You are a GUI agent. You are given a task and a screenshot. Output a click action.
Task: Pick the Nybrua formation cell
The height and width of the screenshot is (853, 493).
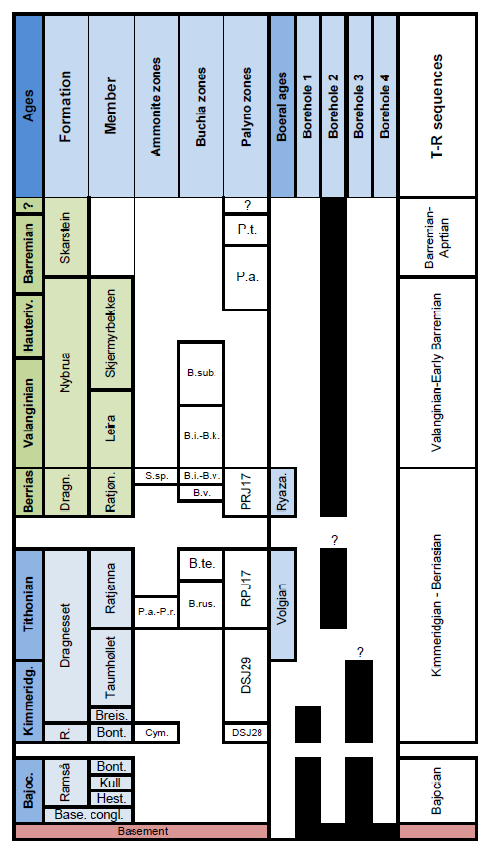coord(65,372)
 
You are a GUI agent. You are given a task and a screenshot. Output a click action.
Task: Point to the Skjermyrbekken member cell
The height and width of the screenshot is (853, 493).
coord(111,333)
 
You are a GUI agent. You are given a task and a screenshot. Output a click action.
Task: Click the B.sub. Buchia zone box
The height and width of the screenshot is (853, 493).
coord(202,373)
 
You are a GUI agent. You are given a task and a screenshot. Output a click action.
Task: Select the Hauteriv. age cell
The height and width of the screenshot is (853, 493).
coord(29,326)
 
